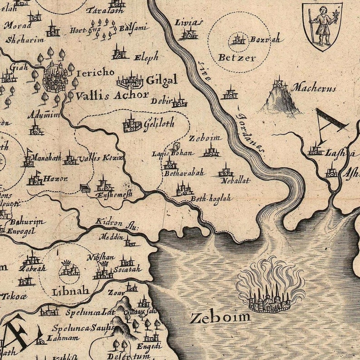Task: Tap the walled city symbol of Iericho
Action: click(x=55, y=78)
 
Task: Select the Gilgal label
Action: click(x=161, y=81)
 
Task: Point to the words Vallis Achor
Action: click(x=112, y=95)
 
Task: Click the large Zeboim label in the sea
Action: click(x=220, y=317)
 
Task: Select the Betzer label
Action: click(x=237, y=58)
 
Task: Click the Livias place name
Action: click(x=189, y=23)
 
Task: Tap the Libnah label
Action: click(x=70, y=291)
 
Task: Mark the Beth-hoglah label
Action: click(x=211, y=198)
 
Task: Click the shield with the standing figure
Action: click(x=322, y=25)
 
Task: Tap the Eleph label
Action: click(x=146, y=57)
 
